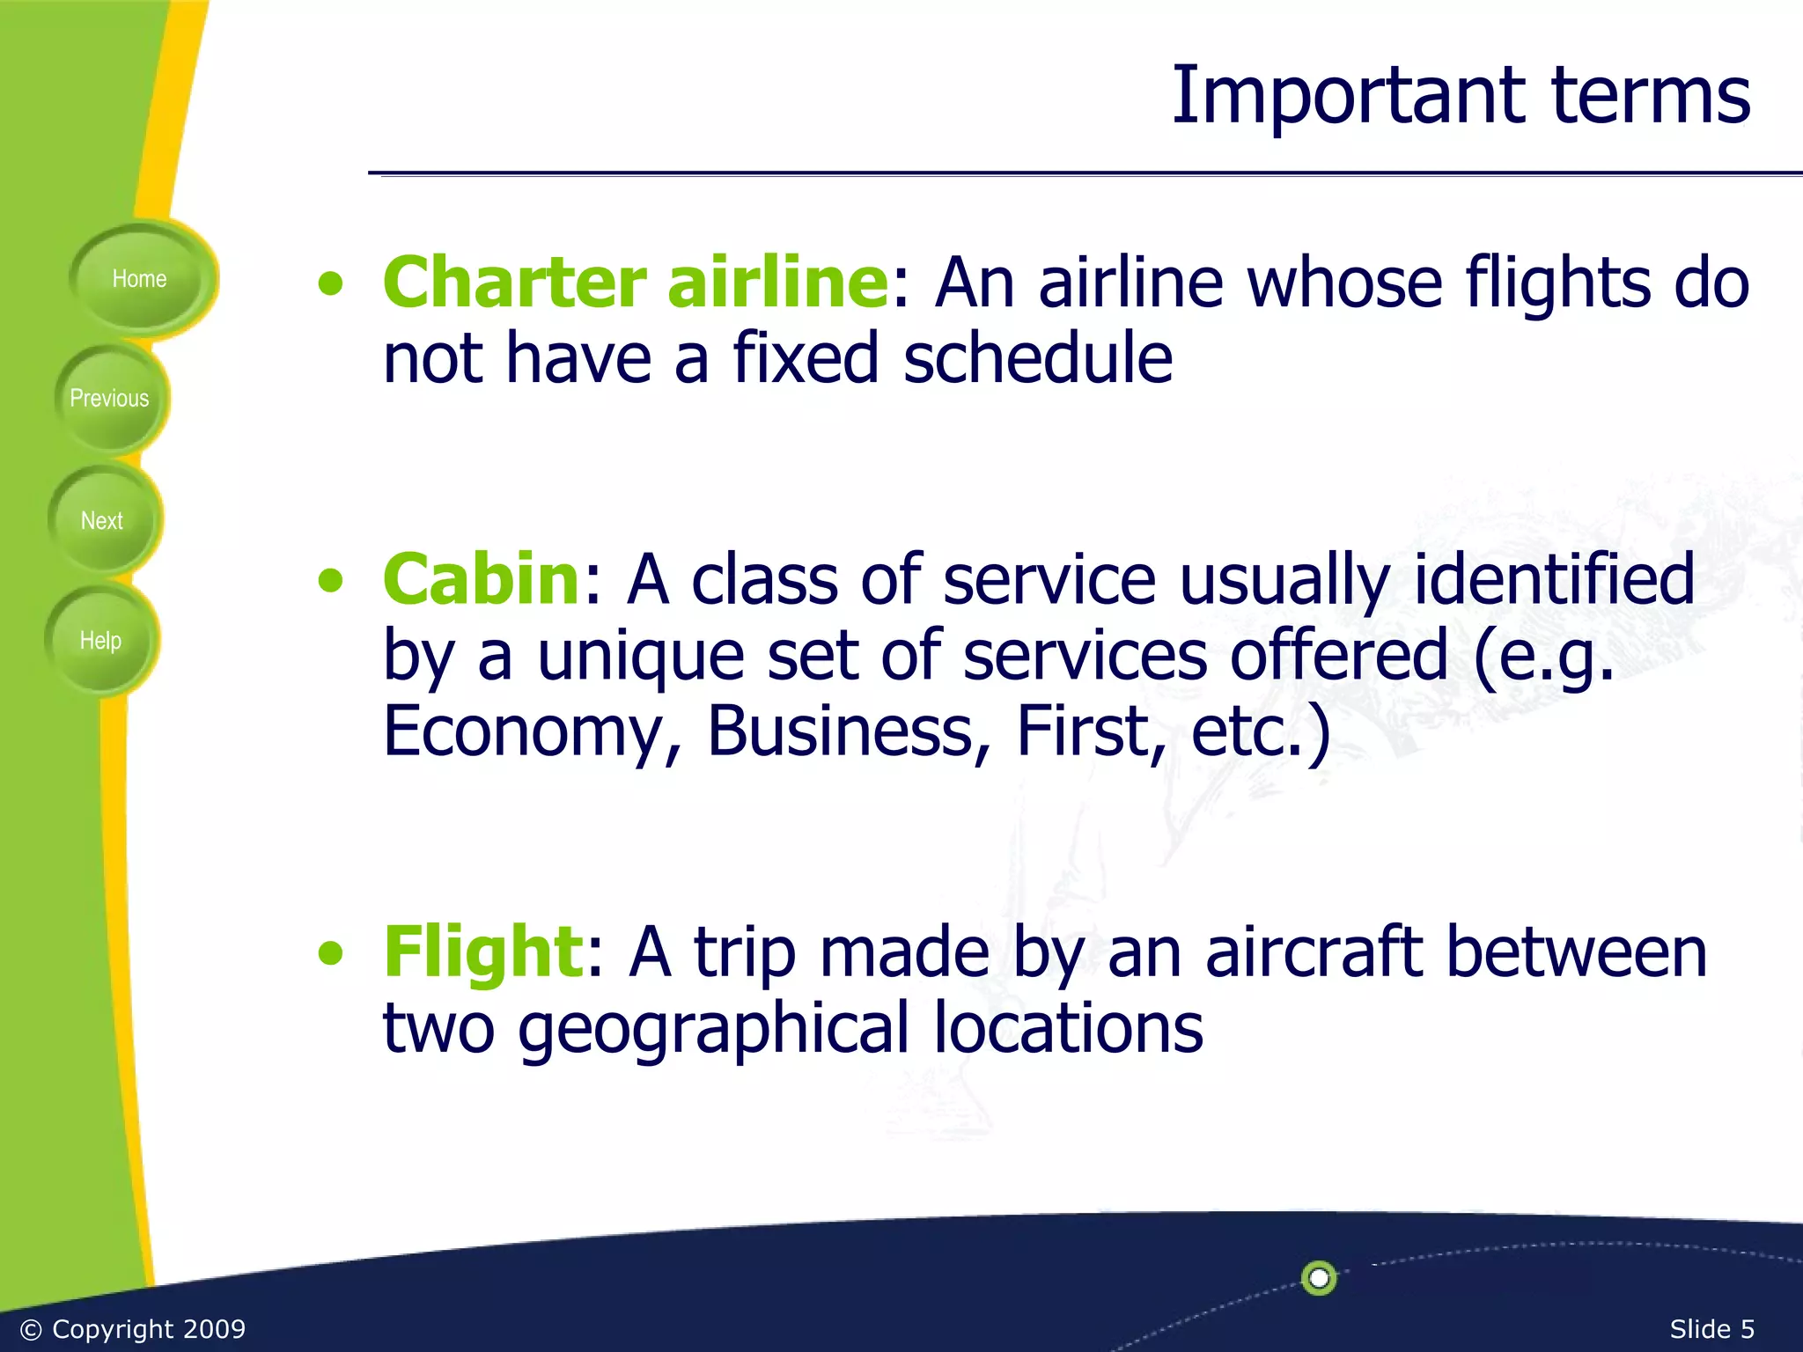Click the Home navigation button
coord(139,279)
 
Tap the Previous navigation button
coord(109,399)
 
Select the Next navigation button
coord(102,520)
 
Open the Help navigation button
coord(100,640)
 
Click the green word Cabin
coord(481,579)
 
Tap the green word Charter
coord(515,283)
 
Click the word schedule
coord(1038,358)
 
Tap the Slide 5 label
coord(1711,1329)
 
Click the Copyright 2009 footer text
coord(133,1329)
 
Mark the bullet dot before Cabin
coord(331,580)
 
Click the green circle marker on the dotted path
coord(1319,1277)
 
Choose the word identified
coord(1554,579)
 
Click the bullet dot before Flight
coord(331,952)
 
